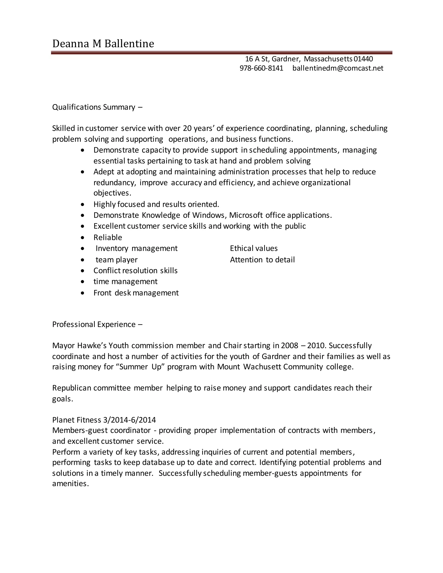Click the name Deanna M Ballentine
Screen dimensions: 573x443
click(x=103, y=43)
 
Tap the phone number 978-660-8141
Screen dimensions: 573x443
click(x=261, y=68)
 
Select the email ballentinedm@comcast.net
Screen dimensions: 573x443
click(x=338, y=68)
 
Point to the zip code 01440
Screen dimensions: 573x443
click(x=363, y=59)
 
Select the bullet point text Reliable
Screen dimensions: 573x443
click(x=108, y=237)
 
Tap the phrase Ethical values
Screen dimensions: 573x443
click(x=254, y=248)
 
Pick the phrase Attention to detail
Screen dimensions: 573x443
click(x=262, y=260)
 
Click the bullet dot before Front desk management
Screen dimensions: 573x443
click(x=83, y=293)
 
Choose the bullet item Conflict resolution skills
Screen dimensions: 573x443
click(x=135, y=270)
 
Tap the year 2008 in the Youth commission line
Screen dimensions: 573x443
click(x=289, y=346)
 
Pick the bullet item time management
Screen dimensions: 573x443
click(x=125, y=282)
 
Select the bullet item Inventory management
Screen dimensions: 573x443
click(x=136, y=248)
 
